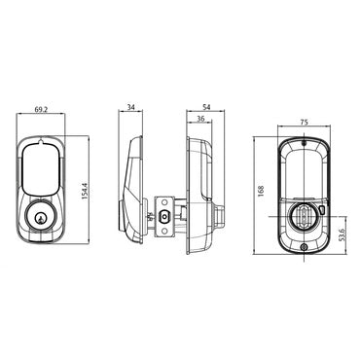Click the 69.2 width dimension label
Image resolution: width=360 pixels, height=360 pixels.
tap(40, 111)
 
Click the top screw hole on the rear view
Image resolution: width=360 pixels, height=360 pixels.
tap(302, 145)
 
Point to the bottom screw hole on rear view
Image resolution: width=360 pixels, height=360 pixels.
tap(302, 246)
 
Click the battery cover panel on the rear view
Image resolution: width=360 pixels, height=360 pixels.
tap(302, 175)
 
